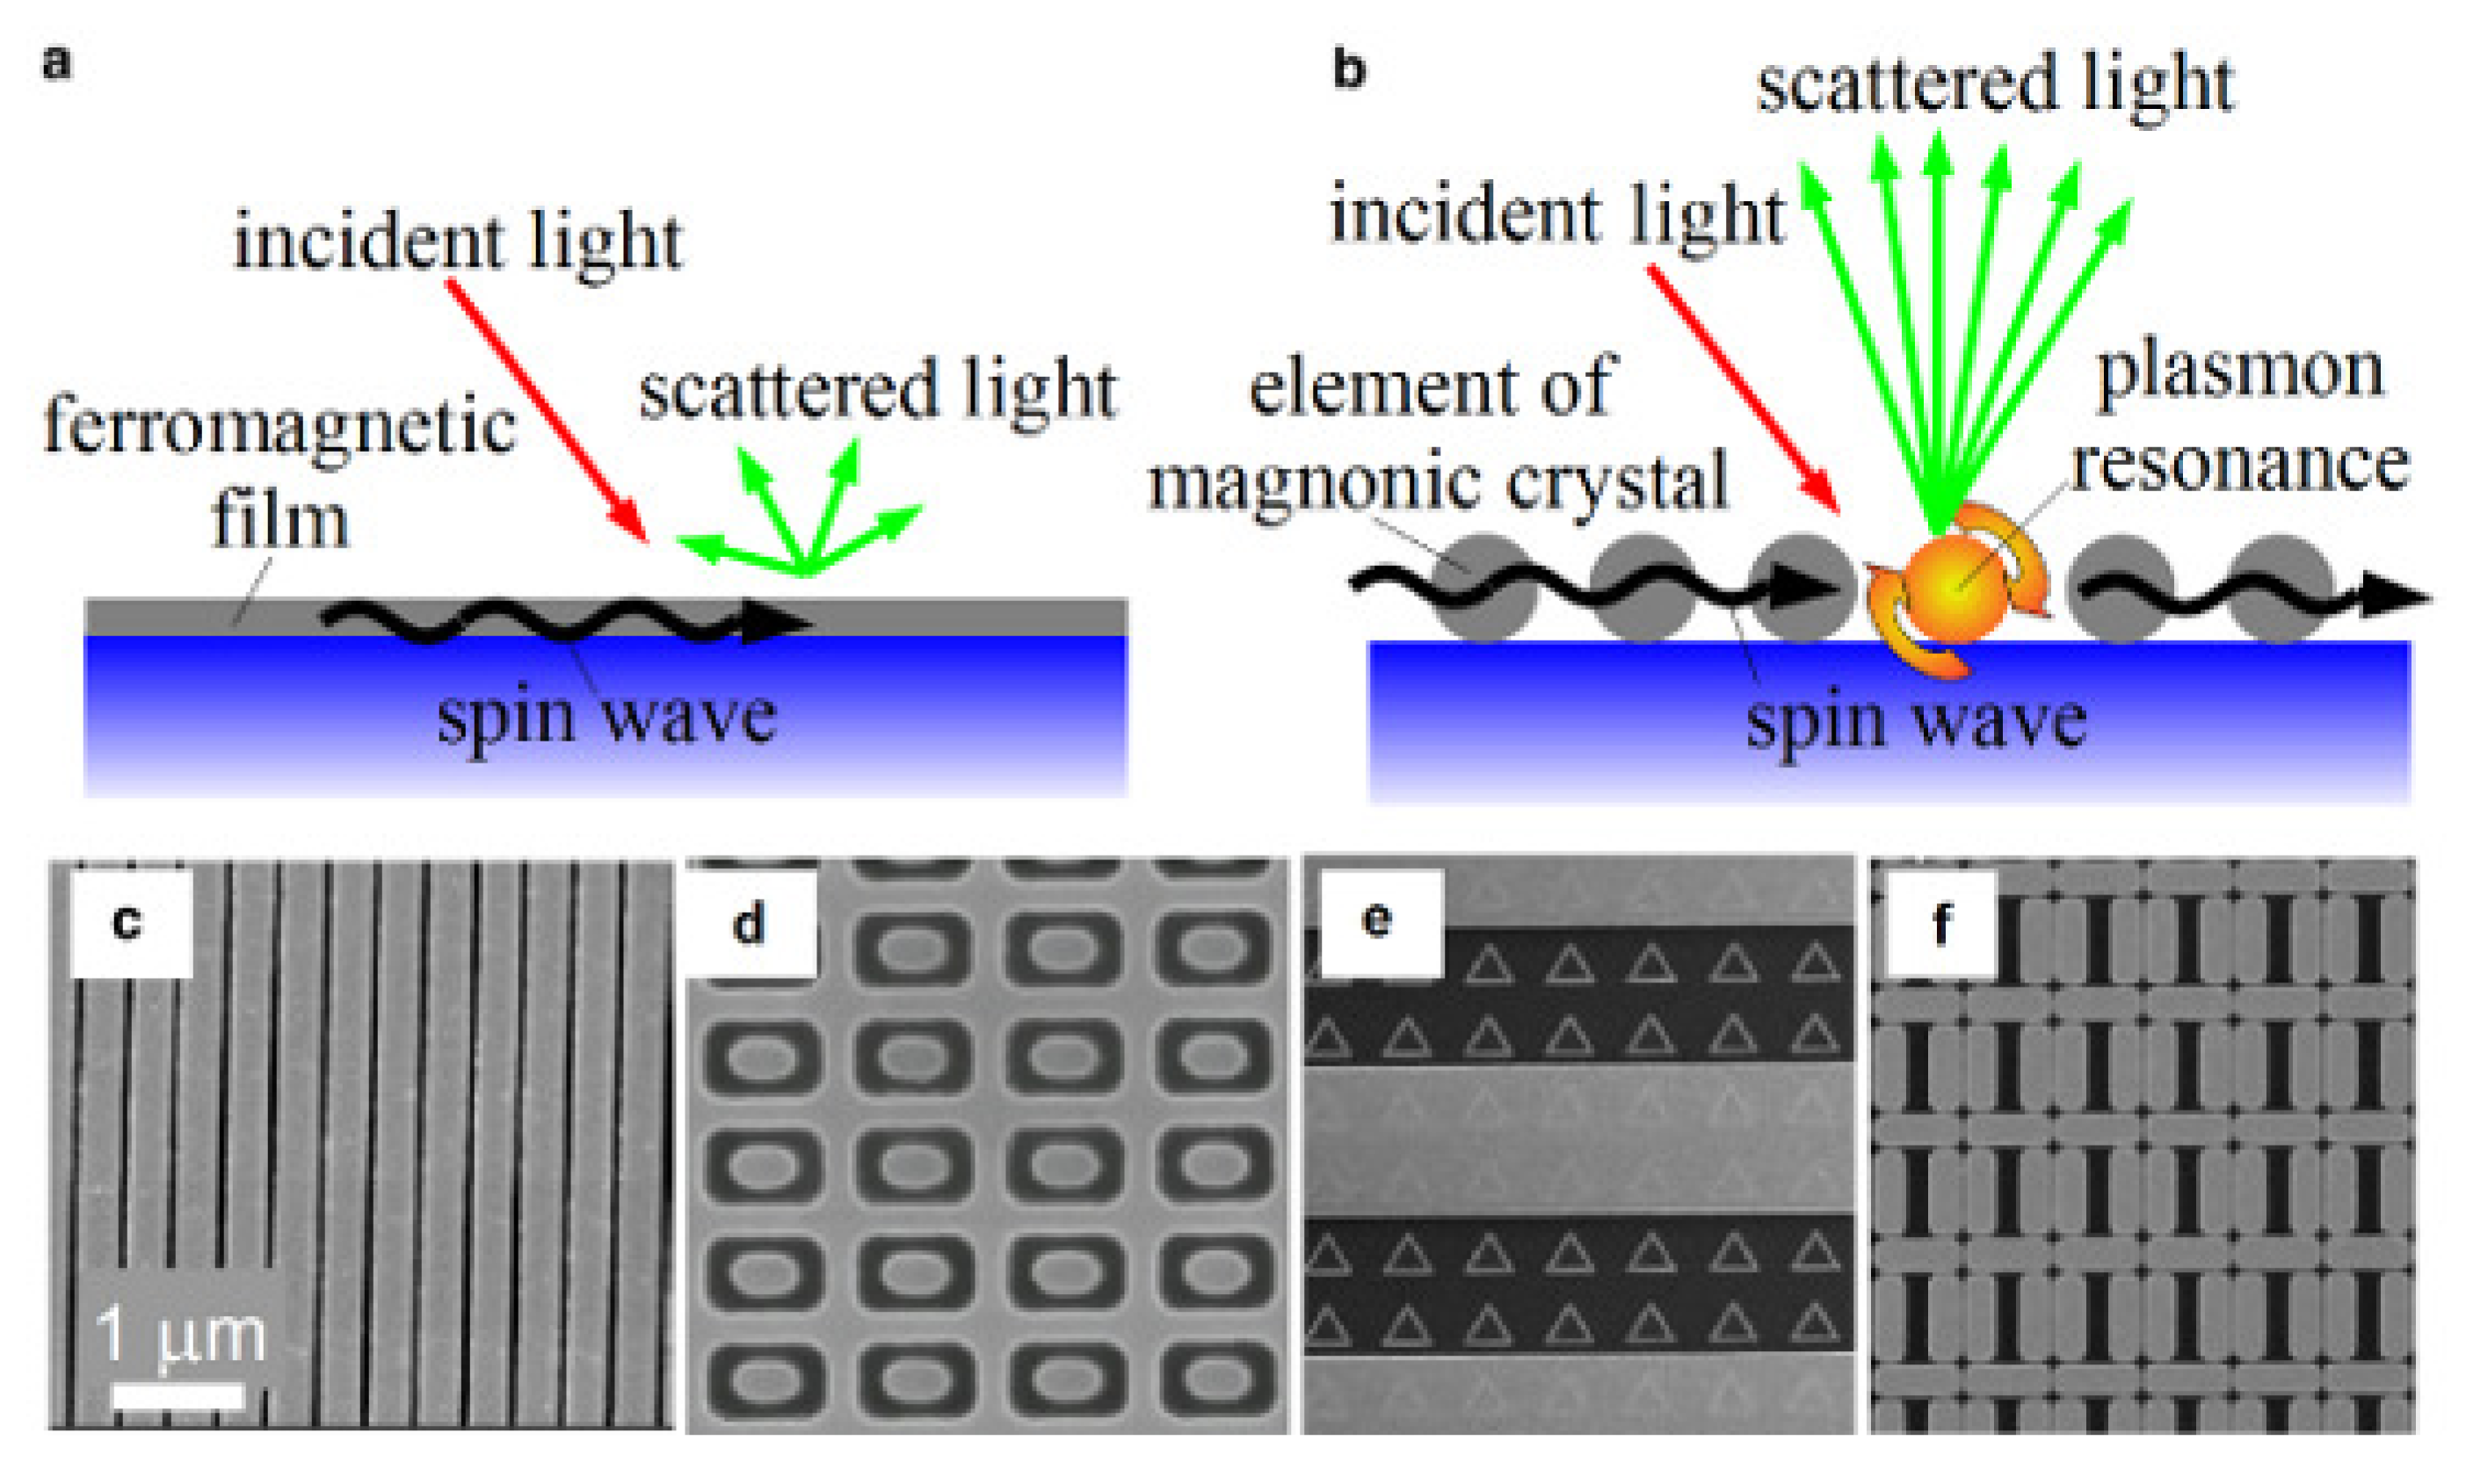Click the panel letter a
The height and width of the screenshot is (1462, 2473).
click(x=56, y=64)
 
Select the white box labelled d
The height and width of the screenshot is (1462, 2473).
click(x=751, y=924)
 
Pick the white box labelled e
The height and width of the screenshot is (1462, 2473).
click(x=1376, y=920)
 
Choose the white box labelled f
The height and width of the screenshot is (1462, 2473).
click(x=1941, y=924)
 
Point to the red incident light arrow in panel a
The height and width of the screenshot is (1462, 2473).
click(x=547, y=409)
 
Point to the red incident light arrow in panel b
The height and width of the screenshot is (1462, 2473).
click(x=1744, y=389)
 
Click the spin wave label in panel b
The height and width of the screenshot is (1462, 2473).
click(x=1917, y=722)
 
